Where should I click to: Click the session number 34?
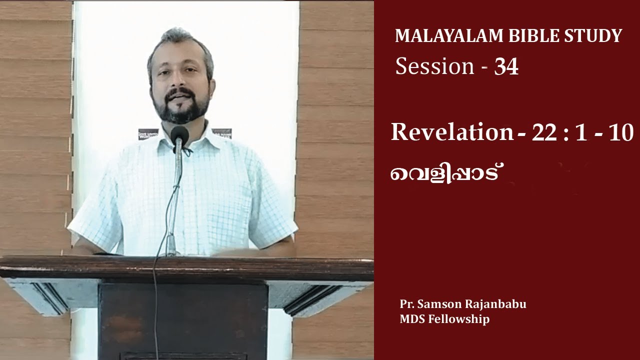click(x=506, y=67)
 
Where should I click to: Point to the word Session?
click(x=434, y=67)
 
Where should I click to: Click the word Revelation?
click(x=452, y=132)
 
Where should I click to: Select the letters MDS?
click(x=411, y=319)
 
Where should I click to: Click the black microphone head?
click(x=179, y=135)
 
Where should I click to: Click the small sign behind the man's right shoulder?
click(x=148, y=134)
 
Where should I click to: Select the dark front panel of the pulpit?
click(x=182, y=320)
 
